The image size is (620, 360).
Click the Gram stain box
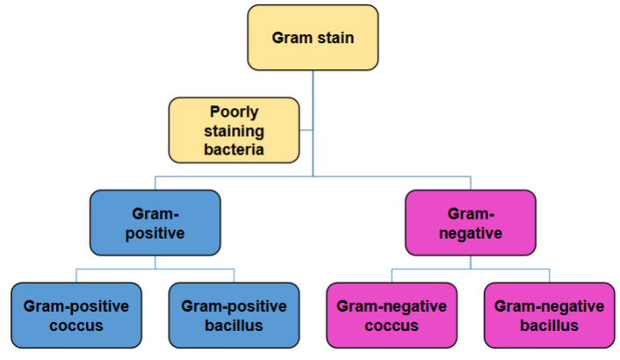[x=313, y=38]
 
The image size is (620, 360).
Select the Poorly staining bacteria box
[x=234, y=130]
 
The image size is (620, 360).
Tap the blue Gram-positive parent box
[x=155, y=223]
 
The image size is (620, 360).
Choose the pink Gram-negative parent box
[x=471, y=223]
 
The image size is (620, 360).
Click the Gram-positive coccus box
[x=76, y=315]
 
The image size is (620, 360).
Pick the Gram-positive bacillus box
[x=234, y=315]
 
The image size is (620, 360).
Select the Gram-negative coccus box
[x=392, y=315]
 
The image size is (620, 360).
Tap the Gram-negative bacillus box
[x=549, y=315]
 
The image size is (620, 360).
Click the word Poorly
[x=234, y=112]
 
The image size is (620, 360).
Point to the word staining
[x=234, y=131]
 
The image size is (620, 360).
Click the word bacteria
[x=234, y=149]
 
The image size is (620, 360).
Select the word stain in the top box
[x=335, y=38]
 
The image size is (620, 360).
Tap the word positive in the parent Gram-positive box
[x=155, y=234]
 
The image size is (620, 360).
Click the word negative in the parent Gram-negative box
[x=471, y=234]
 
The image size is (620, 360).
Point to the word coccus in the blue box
[x=76, y=326]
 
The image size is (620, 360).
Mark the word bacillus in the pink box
[x=549, y=325]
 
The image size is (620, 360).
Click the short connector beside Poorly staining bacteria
[x=306, y=130]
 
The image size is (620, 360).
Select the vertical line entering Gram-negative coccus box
[x=392, y=276]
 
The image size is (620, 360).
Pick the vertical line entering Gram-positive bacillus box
[x=234, y=276]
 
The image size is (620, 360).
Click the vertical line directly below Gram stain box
[x=313, y=123]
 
